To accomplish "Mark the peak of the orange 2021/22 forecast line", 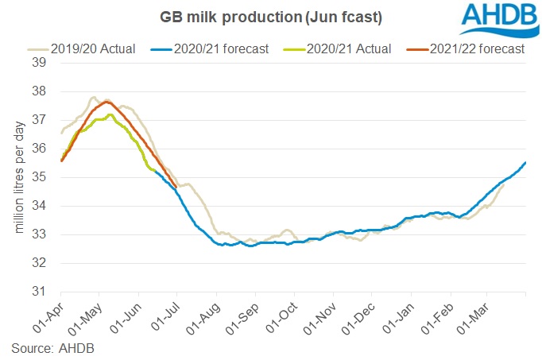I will tap(106, 102).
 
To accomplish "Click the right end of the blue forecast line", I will tap(525, 162).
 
